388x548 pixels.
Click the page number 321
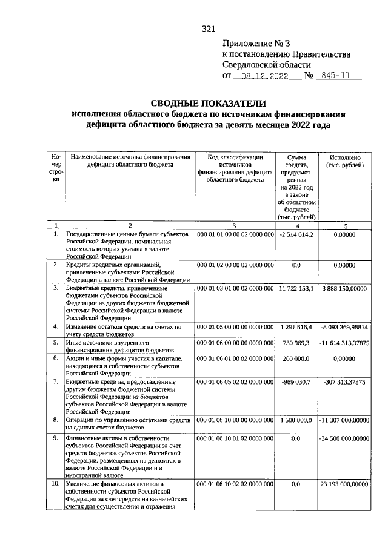pyautogui.click(x=209, y=29)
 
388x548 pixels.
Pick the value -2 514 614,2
pyautogui.click(x=296, y=234)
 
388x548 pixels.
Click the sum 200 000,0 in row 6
pyautogui.click(x=296, y=359)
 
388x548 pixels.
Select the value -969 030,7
pyautogui.click(x=296, y=382)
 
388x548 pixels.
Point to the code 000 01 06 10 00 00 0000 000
pyautogui.click(x=235, y=420)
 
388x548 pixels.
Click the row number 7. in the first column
pyautogui.click(x=56, y=382)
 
